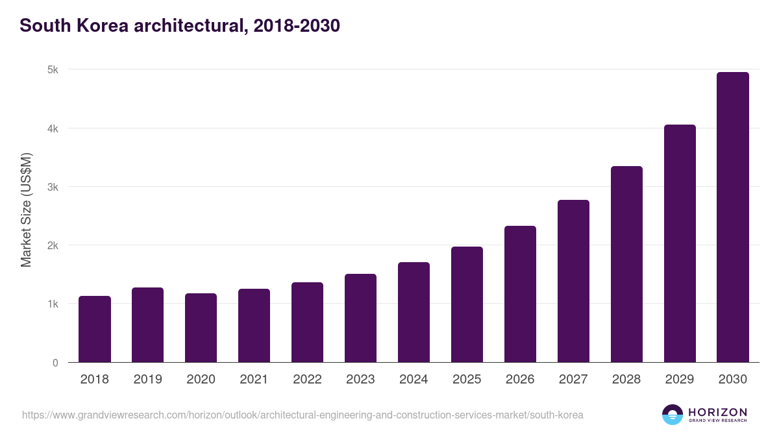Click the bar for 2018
tap(95, 329)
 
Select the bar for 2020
tap(201, 328)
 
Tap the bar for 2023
tap(360, 318)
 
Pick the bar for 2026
tap(520, 294)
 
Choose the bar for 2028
tap(626, 264)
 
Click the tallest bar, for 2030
tap(733, 217)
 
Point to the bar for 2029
tap(680, 243)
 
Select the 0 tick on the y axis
tap(55, 363)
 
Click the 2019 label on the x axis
tap(148, 380)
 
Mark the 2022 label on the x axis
tap(307, 380)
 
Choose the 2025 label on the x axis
tap(467, 380)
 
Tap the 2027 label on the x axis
tap(573, 380)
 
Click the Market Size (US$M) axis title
tap(26, 210)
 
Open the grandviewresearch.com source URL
tap(303, 415)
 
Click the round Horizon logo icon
tap(672, 415)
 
